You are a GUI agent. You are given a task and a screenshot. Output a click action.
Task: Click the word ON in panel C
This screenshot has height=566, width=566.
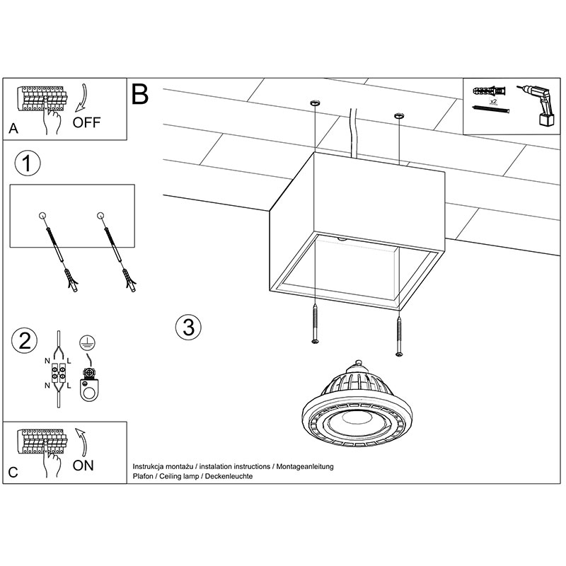83,465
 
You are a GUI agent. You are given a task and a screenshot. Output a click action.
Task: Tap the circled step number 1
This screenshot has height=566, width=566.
27,164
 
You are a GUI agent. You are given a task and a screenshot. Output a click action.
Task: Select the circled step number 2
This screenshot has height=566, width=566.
25,342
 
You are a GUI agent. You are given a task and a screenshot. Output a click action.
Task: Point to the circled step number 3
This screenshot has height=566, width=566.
187,328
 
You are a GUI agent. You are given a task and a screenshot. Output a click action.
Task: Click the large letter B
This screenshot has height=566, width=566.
140,94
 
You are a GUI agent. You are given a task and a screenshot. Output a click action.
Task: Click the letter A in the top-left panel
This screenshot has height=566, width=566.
13,129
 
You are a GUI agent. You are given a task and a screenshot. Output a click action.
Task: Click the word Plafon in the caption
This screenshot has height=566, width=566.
144,477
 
